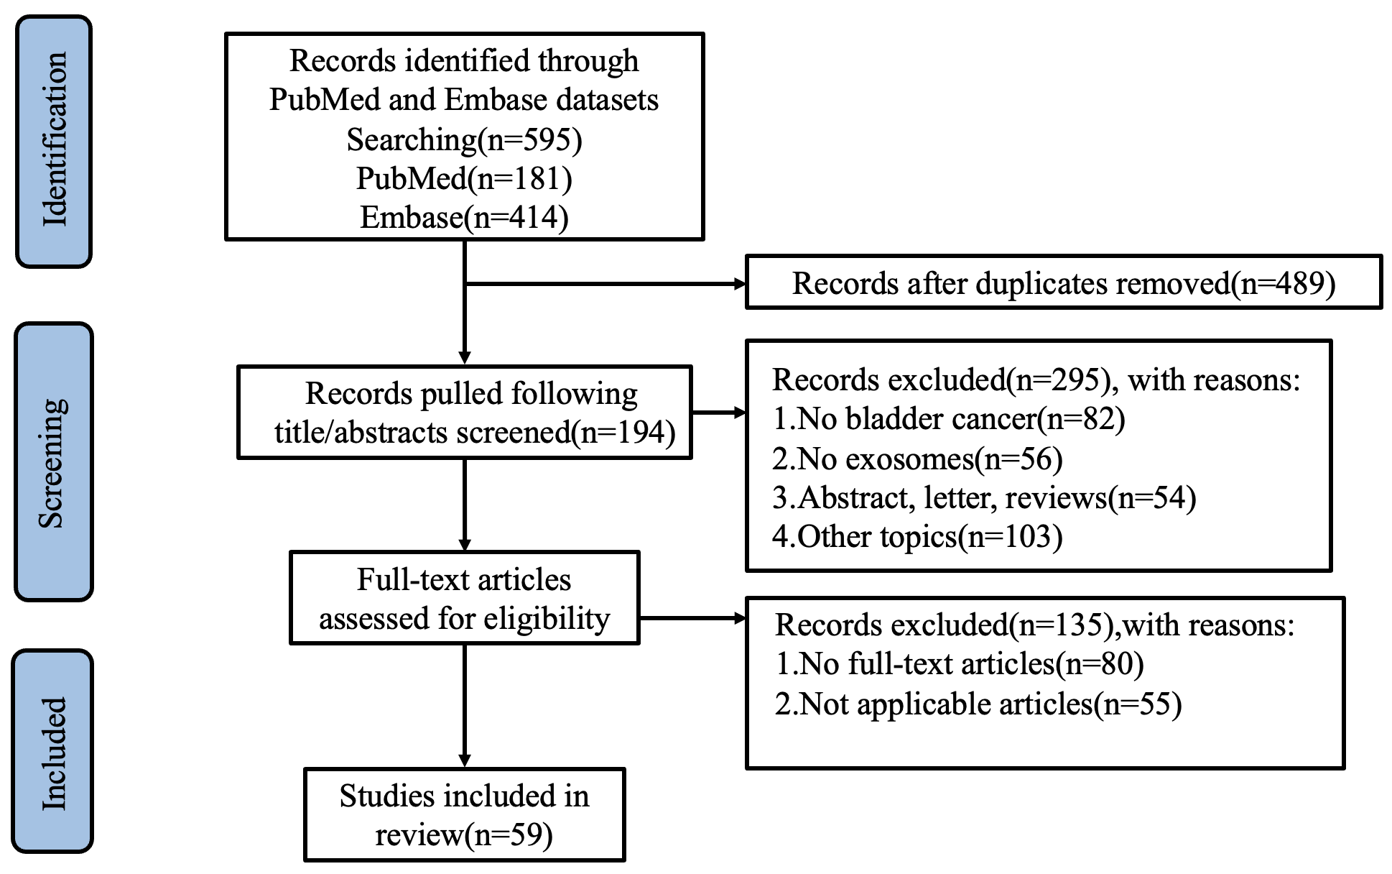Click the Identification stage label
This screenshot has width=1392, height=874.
[x=54, y=141]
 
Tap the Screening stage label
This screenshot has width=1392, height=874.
[x=54, y=461]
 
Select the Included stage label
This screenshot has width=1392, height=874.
[x=53, y=751]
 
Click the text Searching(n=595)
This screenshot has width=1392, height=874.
[x=464, y=139]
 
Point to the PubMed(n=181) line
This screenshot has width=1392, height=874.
[x=464, y=178]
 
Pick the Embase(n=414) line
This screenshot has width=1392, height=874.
[x=464, y=216]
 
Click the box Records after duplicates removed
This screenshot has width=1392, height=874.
[x=1064, y=282]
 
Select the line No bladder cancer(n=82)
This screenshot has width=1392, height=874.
[x=948, y=418]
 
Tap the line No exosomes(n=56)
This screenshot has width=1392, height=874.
[x=917, y=458]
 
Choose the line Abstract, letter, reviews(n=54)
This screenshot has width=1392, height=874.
[x=984, y=497]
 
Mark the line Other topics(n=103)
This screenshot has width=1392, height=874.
[x=917, y=536]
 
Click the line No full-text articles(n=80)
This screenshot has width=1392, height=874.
[x=960, y=663]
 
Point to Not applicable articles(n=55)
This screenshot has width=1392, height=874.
[x=978, y=704]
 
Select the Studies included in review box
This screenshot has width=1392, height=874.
[x=464, y=814]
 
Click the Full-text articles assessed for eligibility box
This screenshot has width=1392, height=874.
[x=464, y=597]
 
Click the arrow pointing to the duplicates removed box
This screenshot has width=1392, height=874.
[x=605, y=284]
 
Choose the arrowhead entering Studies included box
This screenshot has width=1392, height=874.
[x=465, y=761]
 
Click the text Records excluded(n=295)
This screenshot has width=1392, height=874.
[x=937, y=379]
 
